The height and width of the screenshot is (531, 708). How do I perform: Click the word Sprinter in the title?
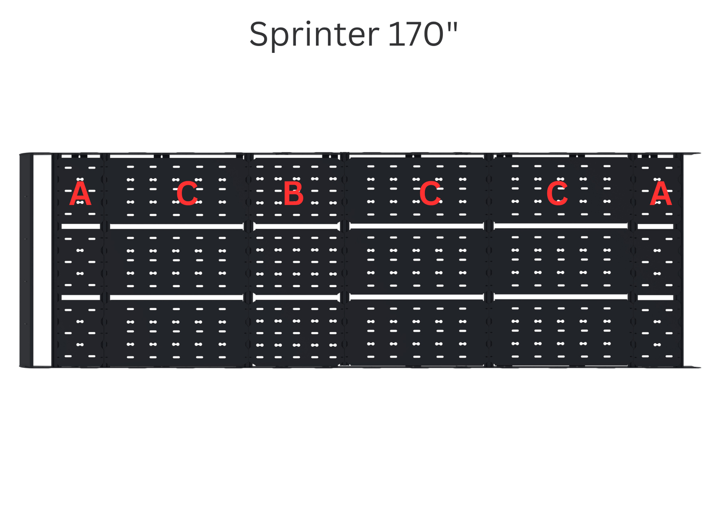coord(314,35)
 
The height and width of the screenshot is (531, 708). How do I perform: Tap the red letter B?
coord(293,194)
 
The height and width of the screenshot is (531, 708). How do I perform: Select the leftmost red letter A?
coord(80,194)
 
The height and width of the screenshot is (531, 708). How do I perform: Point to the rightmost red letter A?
coord(660,194)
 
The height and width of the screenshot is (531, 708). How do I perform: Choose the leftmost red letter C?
coord(187,194)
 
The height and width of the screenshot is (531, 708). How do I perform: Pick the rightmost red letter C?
coord(557,194)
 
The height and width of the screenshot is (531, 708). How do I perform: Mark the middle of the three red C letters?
coord(430,194)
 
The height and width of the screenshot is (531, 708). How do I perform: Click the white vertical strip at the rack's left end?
coord(42,261)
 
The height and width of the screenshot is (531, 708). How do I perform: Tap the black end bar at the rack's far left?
coord(25,261)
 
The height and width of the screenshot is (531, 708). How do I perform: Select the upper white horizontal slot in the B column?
coord(296,226)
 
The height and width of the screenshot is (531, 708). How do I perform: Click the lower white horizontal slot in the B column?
coord(296,297)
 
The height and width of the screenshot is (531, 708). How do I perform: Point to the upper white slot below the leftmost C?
coord(176,226)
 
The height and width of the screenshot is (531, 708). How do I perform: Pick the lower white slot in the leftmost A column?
coord(81,297)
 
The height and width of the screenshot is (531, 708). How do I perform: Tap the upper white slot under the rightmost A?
coord(655,226)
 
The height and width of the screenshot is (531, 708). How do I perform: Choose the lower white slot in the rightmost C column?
coord(561,297)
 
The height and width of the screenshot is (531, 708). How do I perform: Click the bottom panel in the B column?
coord(296,333)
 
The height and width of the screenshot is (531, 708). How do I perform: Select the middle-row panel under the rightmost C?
coord(561,262)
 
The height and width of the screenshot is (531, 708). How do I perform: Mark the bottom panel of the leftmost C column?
coord(176,333)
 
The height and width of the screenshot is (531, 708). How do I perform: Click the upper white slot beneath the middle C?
coord(416,226)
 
